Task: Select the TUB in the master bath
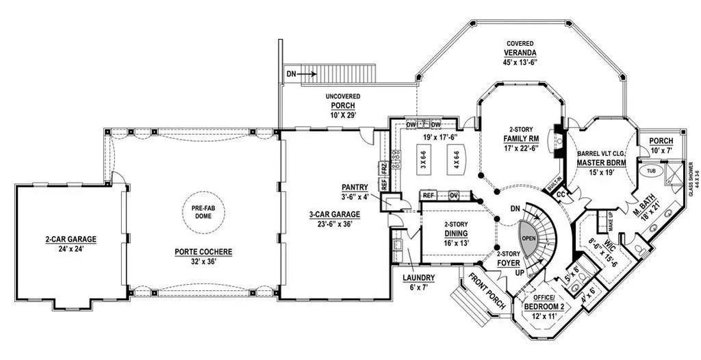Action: click(x=650, y=172)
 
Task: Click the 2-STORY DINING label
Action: click(x=455, y=233)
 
